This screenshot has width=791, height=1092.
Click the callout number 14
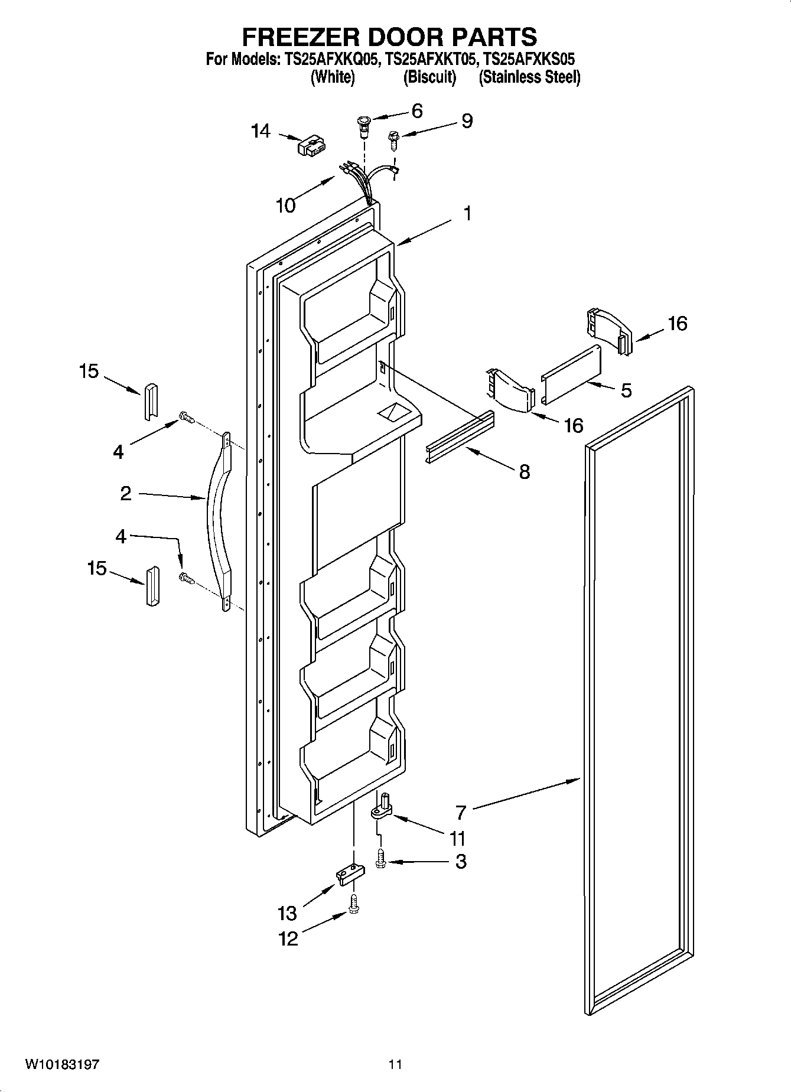coord(260,131)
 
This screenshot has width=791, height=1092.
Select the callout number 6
coord(417,110)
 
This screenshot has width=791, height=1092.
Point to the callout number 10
coord(285,205)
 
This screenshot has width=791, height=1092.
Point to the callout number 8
coord(524,472)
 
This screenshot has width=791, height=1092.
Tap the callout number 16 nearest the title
coord(678,323)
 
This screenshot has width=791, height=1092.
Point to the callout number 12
coord(288,938)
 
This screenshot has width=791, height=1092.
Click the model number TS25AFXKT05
coord(431,59)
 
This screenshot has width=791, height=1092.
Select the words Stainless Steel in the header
coord(529,77)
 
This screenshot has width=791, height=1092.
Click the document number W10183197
coord(61,1065)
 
